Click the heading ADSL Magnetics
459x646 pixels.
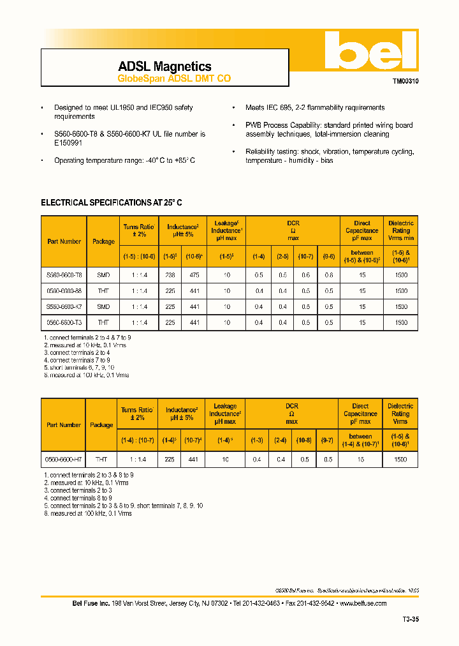(164, 66)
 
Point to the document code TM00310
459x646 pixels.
(405, 82)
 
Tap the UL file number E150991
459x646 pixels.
(68, 144)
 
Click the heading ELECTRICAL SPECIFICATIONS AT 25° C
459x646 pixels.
(112, 202)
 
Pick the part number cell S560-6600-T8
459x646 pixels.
(64, 274)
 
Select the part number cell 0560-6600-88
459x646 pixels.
(64, 290)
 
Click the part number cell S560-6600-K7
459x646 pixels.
(64, 306)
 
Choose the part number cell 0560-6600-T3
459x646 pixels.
(64, 323)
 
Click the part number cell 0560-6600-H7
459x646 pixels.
(63, 459)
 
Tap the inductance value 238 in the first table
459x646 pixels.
(170, 274)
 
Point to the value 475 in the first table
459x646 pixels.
(194, 274)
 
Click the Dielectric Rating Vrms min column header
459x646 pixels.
(401, 230)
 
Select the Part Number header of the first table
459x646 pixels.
(64, 241)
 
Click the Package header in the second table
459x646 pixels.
(101, 424)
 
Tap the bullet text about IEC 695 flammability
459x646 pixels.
(315, 108)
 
